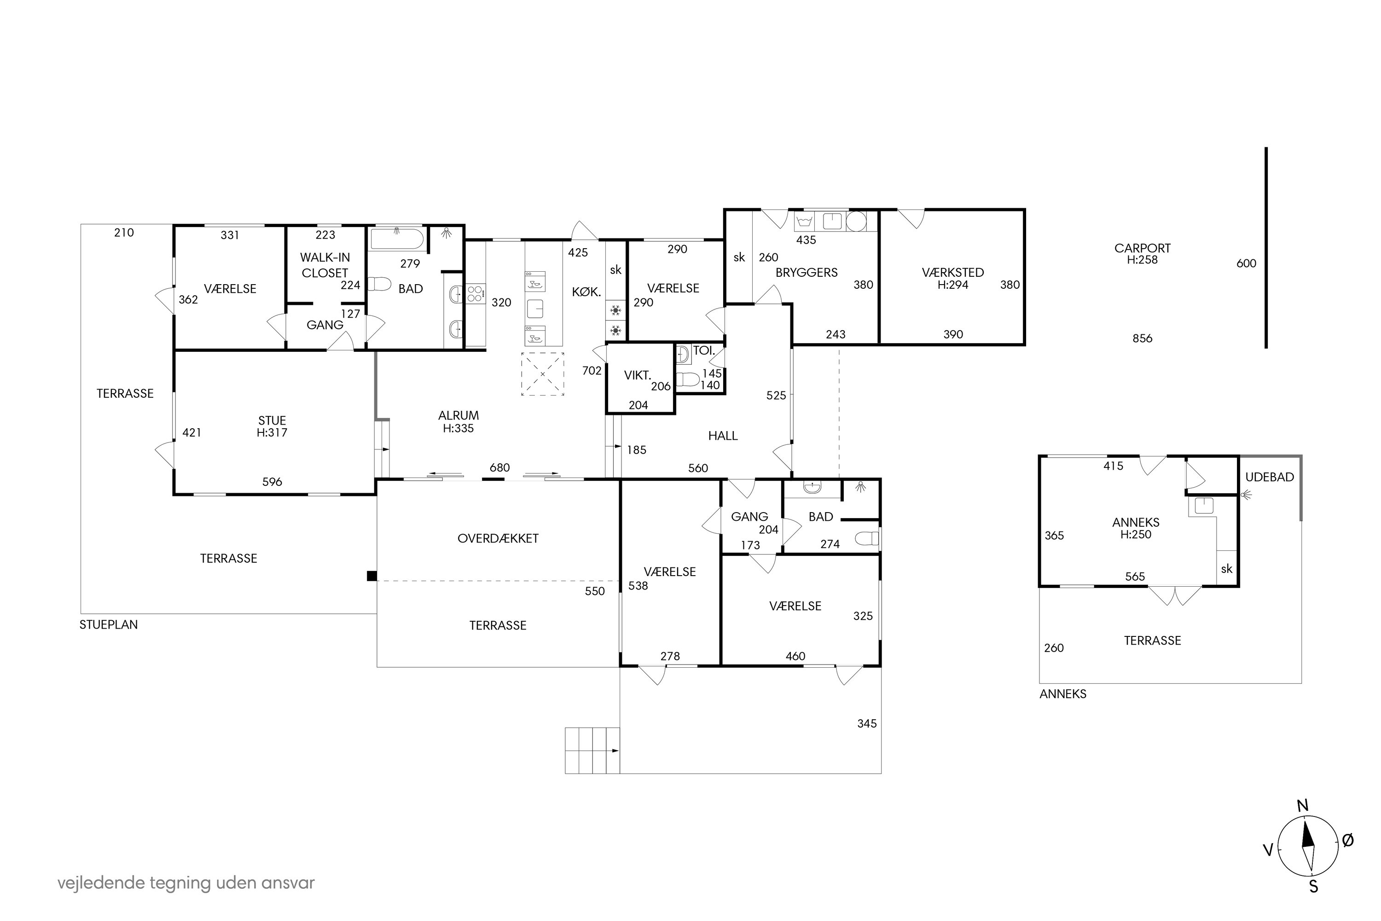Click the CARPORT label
[1142, 249]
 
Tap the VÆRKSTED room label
[952, 273]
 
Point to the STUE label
[272, 420]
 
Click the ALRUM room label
[458, 415]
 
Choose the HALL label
[722, 436]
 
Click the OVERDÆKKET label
[498, 538]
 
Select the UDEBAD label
[1270, 477]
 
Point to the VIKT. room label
[637, 375]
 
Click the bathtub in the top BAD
[397, 239]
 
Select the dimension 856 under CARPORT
[1142, 338]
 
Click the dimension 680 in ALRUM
[499, 467]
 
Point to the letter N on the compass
[1302, 806]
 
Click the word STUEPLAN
[109, 624]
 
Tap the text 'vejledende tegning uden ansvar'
[186, 883]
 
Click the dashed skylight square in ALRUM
[543, 374]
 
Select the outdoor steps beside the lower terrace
[592, 751]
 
